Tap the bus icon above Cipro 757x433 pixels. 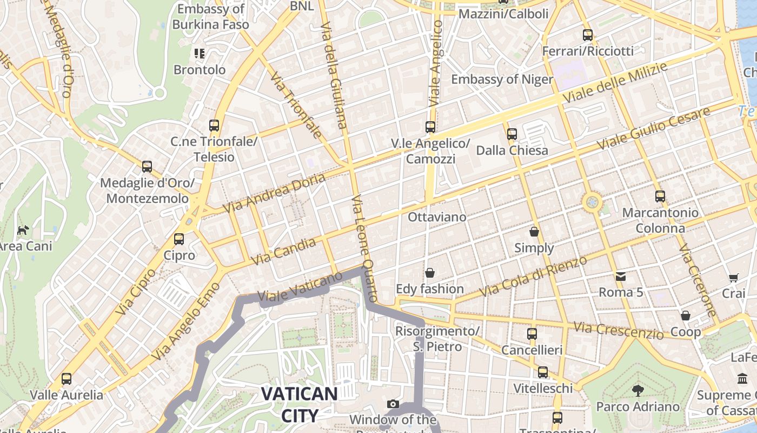coord(179,239)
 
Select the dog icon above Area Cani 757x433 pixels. coord(23,230)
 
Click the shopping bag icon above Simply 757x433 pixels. coord(534,232)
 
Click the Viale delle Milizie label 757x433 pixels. coord(615,82)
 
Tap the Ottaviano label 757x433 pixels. coord(437,217)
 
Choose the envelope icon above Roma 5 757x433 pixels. coord(620,277)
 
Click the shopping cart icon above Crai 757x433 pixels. coord(733,278)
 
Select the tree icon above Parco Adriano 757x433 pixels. coord(638,390)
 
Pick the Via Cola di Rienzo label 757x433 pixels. coord(533,277)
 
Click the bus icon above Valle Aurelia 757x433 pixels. coord(67,379)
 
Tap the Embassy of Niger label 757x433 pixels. coord(502,80)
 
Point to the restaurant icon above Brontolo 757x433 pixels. coord(200,53)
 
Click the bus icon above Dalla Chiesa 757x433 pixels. coord(512,134)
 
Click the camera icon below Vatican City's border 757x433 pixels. coord(393,404)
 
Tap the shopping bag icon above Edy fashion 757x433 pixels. coord(430,273)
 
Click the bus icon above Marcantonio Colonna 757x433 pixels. coord(660,196)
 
